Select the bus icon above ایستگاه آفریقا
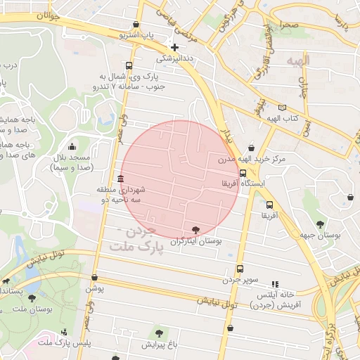click(243, 173)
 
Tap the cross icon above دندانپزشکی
click(175, 47)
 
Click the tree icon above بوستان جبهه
click(320, 224)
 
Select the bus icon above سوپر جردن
click(240, 269)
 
